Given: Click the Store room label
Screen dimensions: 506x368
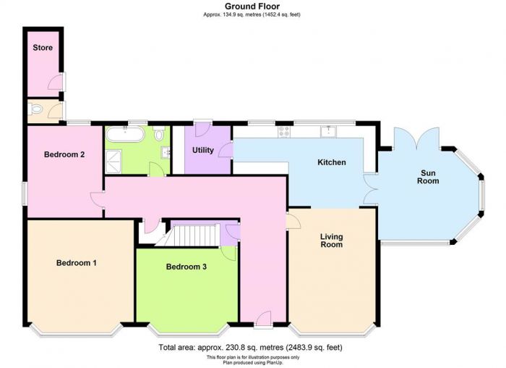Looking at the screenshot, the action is [x=43, y=48].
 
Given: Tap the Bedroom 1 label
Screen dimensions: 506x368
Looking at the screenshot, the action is [x=76, y=262].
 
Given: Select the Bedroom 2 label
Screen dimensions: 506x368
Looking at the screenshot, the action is [x=64, y=154].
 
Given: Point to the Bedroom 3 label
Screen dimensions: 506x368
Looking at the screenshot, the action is [x=186, y=267].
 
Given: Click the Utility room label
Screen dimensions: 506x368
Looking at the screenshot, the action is [x=203, y=150].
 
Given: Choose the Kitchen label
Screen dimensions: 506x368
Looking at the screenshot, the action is [x=332, y=162].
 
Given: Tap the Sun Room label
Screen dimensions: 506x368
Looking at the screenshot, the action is [x=428, y=177].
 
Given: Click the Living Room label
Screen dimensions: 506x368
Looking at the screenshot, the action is [x=331, y=241].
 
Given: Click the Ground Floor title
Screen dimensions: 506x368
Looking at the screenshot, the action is [x=252, y=6].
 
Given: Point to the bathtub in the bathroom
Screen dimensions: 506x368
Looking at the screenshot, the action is [x=125, y=134].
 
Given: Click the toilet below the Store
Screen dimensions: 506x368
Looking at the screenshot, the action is [x=35, y=109].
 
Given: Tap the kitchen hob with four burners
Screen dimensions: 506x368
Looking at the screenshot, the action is [x=284, y=132].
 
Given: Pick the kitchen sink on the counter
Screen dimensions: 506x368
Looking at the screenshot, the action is [x=328, y=131].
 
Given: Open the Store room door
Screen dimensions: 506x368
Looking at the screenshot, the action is [x=56, y=81].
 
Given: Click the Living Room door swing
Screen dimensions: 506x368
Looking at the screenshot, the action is [x=293, y=221].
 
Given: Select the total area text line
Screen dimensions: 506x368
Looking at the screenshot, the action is [x=250, y=347].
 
